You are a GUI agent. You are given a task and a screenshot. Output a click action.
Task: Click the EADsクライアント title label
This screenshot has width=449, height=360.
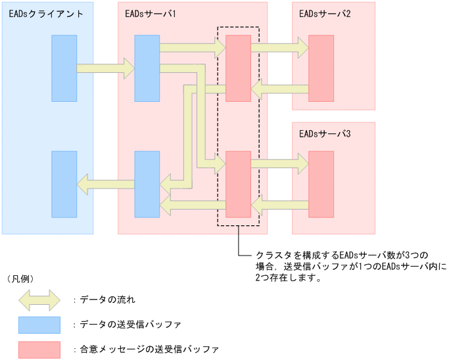[x=46, y=13]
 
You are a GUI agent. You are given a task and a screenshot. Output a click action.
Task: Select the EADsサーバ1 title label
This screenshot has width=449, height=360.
[x=149, y=13]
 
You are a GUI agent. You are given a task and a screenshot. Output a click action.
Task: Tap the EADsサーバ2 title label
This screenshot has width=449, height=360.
[x=324, y=13]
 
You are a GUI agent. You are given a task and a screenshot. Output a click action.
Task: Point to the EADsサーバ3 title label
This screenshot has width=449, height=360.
[x=324, y=133]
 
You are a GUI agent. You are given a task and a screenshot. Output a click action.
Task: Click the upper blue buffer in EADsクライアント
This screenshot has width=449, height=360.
[x=64, y=68]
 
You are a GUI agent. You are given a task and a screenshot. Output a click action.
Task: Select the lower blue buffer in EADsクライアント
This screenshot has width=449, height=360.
[x=64, y=184]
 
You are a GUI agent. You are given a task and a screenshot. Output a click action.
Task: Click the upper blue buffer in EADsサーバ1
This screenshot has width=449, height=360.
[x=147, y=68]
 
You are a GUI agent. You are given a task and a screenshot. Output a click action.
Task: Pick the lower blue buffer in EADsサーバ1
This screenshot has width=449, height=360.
[x=147, y=184]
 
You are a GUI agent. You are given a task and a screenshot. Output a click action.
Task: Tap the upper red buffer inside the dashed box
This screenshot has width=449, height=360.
[x=238, y=68]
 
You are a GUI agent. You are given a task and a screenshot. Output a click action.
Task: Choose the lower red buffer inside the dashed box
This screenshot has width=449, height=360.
[x=238, y=184]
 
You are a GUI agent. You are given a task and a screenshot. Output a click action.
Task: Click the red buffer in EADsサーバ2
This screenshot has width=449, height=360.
[x=321, y=68]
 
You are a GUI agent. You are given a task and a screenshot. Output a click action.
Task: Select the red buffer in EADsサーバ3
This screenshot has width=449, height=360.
[x=321, y=184]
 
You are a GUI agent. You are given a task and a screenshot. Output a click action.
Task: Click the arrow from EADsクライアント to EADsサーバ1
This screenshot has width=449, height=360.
[x=105, y=68]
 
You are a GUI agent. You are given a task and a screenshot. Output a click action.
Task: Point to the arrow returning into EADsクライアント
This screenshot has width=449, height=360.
[x=105, y=184]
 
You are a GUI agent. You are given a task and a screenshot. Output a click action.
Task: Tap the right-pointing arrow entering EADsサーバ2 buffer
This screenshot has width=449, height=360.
[x=279, y=47]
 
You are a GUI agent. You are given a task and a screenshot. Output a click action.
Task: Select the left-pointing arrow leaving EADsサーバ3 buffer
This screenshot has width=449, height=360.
[x=279, y=208]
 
